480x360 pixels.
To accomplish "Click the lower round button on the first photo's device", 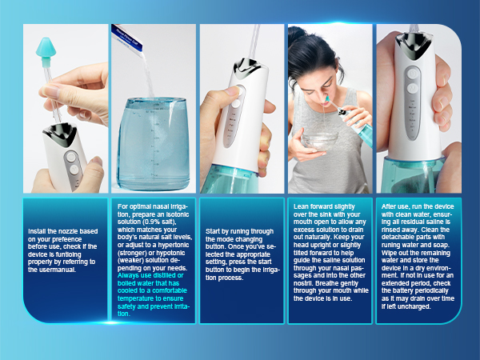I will coord(73,169).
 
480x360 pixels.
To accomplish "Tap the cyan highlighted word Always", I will coord(128,276).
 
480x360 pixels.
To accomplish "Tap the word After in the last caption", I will coord(390,206).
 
